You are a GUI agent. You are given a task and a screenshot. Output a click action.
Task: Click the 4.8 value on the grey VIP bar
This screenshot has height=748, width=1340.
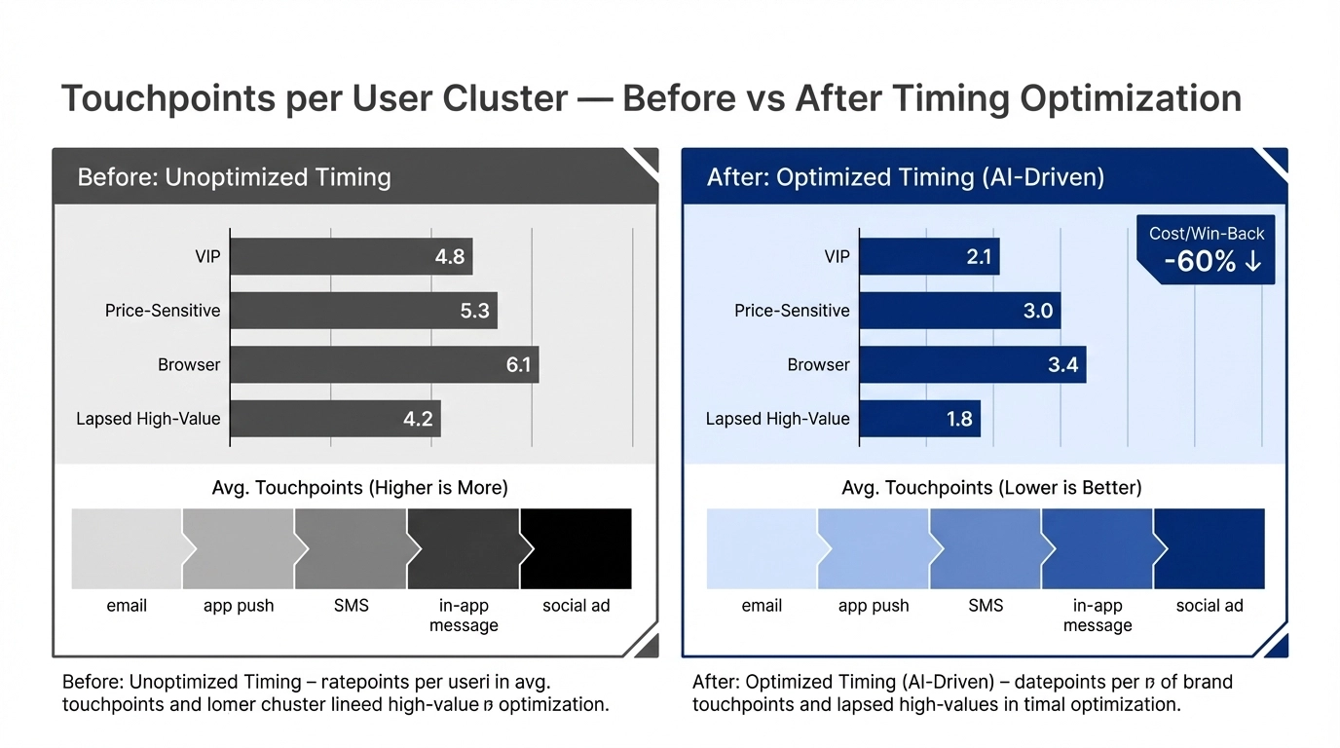pos(450,258)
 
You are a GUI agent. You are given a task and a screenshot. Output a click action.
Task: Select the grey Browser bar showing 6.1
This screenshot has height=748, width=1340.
pos(384,365)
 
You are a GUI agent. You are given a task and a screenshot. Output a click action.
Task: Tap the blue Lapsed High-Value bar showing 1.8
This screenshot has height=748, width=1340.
pos(919,419)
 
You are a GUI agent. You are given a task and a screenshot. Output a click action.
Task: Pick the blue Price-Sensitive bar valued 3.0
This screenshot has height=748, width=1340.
pos(959,312)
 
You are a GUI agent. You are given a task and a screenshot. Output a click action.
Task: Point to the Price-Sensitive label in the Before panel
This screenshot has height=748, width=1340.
pos(163,312)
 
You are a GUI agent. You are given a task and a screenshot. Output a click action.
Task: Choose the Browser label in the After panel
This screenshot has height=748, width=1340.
pos(818,365)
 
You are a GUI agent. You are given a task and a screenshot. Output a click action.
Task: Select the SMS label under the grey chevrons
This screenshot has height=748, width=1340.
pos(352,606)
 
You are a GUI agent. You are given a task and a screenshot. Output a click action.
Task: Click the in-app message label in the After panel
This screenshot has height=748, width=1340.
pos(1098,616)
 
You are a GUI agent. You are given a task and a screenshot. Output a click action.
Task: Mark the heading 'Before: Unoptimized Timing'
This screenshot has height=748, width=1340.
pos(234,177)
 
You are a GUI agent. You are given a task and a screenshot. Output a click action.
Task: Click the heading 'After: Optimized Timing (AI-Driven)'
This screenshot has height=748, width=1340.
pos(905,177)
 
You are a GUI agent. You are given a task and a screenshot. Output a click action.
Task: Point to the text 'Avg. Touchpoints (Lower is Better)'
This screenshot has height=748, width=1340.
pos(991,488)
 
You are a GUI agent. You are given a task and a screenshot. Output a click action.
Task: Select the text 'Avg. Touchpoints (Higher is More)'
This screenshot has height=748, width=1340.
pos(359,488)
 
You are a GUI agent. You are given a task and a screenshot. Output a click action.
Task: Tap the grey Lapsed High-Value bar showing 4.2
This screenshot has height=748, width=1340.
pos(335,419)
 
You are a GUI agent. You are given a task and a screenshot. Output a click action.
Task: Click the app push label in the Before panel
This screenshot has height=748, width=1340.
pos(239,606)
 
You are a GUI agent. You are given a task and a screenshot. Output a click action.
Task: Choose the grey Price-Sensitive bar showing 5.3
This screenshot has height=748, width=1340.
pos(363,312)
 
